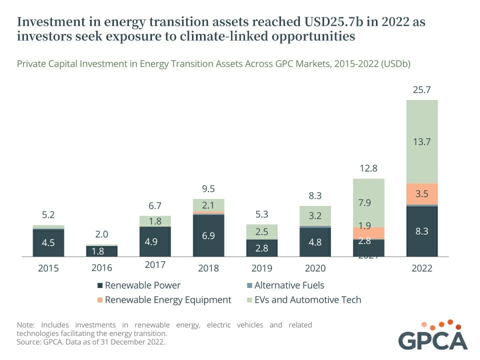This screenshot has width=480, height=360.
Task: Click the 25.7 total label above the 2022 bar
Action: coord(422,90)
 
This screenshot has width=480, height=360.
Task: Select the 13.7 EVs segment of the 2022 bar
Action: coord(422,141)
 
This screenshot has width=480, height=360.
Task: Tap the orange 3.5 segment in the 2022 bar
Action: coord(422,193)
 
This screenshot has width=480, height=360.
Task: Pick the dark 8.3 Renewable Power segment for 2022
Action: coord(422,231)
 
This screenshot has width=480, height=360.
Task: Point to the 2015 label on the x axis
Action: coord(48,268)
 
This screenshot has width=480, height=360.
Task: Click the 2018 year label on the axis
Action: coord(208,268)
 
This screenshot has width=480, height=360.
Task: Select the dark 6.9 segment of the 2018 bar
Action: coord(208,235)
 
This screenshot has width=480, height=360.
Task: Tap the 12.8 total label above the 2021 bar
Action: coord(368,169)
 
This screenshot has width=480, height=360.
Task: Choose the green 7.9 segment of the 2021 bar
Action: coord(368,202)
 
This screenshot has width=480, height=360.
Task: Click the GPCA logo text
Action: coord(433,340)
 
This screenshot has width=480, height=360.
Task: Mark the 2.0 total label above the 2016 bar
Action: coord(102,234)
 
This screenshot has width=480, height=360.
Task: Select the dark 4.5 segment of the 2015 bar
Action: coord(48,242)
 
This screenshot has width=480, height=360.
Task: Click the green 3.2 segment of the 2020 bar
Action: coord(315,216)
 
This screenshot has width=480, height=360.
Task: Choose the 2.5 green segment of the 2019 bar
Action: coord(262,231)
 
